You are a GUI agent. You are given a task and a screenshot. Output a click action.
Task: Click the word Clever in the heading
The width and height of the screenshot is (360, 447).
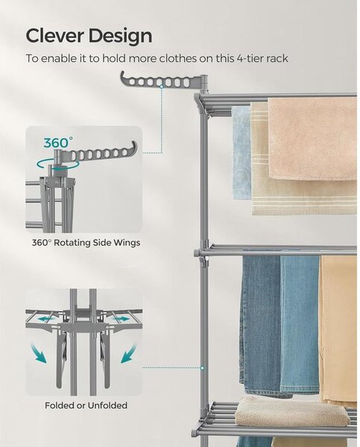pos(54,36)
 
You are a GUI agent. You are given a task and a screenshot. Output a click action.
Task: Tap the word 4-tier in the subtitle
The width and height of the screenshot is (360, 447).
pos(249,58)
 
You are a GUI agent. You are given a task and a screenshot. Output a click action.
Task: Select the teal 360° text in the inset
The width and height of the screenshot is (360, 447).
pos(58,142)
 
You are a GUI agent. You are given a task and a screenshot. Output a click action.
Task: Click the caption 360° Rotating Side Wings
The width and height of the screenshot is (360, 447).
pos(86,243)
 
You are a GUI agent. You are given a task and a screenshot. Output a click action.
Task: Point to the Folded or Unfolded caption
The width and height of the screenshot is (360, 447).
pos(86,405)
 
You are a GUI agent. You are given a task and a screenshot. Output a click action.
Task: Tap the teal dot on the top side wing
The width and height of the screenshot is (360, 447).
pos(162,86)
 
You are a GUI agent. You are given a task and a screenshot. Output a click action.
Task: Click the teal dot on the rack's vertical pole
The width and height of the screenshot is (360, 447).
pos(202,368)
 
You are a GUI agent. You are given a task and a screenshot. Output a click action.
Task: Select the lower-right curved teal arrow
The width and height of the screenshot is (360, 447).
pos(128,353)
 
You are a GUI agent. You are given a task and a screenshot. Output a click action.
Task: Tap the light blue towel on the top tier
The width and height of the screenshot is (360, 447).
pos(241,153)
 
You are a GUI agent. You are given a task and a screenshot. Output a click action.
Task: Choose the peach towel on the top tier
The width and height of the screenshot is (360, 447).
pos(312,139)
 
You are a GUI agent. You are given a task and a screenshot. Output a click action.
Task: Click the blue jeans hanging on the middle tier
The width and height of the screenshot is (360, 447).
pos(280,325)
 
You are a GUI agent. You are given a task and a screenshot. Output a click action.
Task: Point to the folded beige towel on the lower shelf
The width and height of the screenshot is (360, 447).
pos(291,411)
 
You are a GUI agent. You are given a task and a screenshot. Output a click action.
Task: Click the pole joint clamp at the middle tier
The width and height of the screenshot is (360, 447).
pos(202,253)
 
